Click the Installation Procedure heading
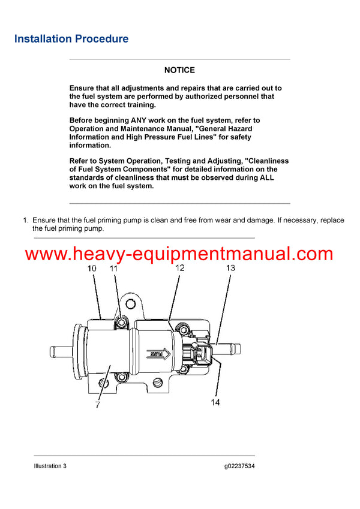[x=71, y=39]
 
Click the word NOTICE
[x=179, y=70]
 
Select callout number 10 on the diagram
[x=91, y=269]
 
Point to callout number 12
[x=179, y=269]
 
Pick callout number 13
[x=230, y=269]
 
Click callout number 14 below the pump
[x=214, y=402]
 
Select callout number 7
[x=97, y=405]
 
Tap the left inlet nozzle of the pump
[x=59, y=348]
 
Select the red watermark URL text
[x=179, y=254]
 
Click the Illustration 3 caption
[x=50, y=465]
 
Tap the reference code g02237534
[x=239, y=465]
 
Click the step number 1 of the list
[x=25, y=221]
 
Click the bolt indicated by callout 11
[x=120, y=323]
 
